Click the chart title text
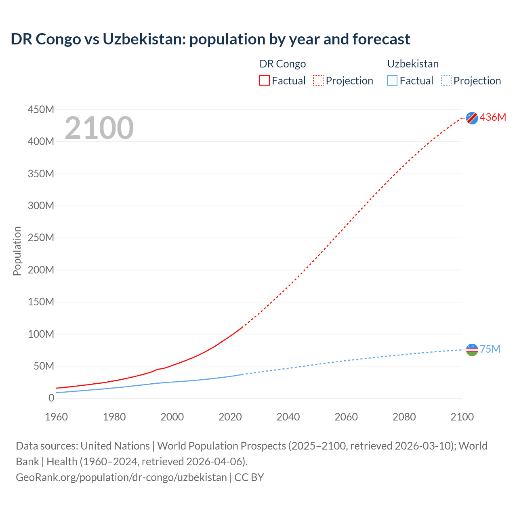pyautogui.click(x=210, y=39)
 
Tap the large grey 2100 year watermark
pyautogui.click(x=99, y=128)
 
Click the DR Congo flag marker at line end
pyautogui.click(x=472, y=118)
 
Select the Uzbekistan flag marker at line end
pyautogui.click(x=472, y=349)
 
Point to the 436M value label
pyautogui.click(x=493, y=117)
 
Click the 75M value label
pyautogui.click(x=490, y=349)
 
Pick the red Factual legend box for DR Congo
pyautogui.click(x=265, y=81)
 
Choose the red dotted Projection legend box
pyautogui.click(x=318, y=81)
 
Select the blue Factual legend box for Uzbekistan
pyautogui.click(x=392, y=81)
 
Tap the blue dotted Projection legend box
pyautogui.click(x=446, y=81)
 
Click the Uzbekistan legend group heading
pyautogui.click(x=413, y=64)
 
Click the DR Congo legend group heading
pyautogui.click(x=282, y=64)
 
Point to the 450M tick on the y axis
pyautogui.click(x=41, y=109)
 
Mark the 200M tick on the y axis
pyautogui.click(x=41, y=270)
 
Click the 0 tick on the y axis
pyautogui.click(x=51, y=398)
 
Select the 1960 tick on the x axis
pyautogui.click(x=56, y=417)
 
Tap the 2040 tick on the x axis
pyautogui.click(x=288, y=417)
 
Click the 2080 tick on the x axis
pyautogui.click(x=404, y=417)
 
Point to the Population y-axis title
pyautogui.click(x=17, y=251)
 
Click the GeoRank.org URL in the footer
pyautogui.click(x=121, y=477)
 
